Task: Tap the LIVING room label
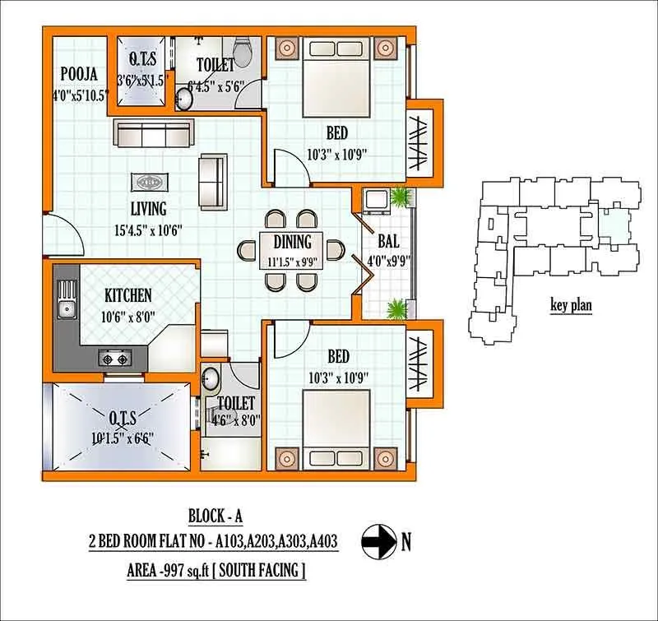coord(148,209)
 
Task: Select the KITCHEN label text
coord(127,295)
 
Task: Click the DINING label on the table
coord(292,242)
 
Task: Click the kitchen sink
coord(65,309)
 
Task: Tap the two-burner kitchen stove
coord(116,358)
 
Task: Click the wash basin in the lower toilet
coord(211,380)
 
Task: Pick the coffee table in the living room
coord(148,183)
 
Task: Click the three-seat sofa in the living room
coord(153,132)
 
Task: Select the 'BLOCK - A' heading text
coord(216,516)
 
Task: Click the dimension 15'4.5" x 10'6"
coord(148,229)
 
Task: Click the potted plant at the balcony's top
coord(401,197)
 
